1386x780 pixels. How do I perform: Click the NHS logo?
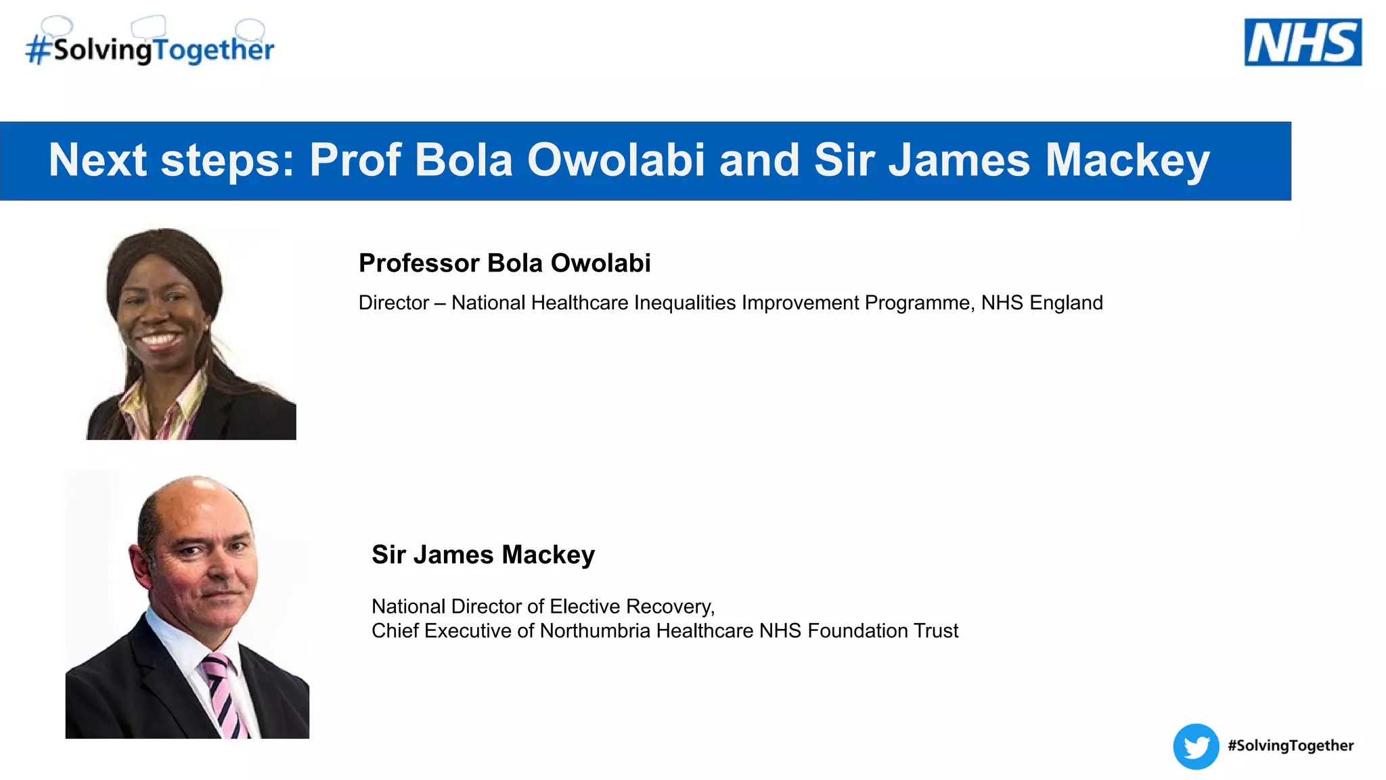pos(1303,42)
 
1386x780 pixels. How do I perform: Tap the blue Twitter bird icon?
pos(1196,747)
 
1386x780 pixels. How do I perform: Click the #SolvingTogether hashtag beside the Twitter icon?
pos(1291,745)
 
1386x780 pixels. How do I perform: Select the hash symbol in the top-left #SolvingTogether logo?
pos(39,50)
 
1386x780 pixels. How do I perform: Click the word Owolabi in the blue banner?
pos(616,160)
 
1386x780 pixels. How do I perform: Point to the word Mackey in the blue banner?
pos(1127,160)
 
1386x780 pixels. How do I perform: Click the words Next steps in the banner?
pos(171,160)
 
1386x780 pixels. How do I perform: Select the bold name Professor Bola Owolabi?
pos(504,263)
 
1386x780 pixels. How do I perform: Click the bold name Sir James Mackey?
pos(483,555)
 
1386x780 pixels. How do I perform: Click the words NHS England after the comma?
pos(1042,303)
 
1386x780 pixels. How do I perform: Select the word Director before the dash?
pos(394,303)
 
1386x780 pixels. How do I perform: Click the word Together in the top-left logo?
pos(213,50)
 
